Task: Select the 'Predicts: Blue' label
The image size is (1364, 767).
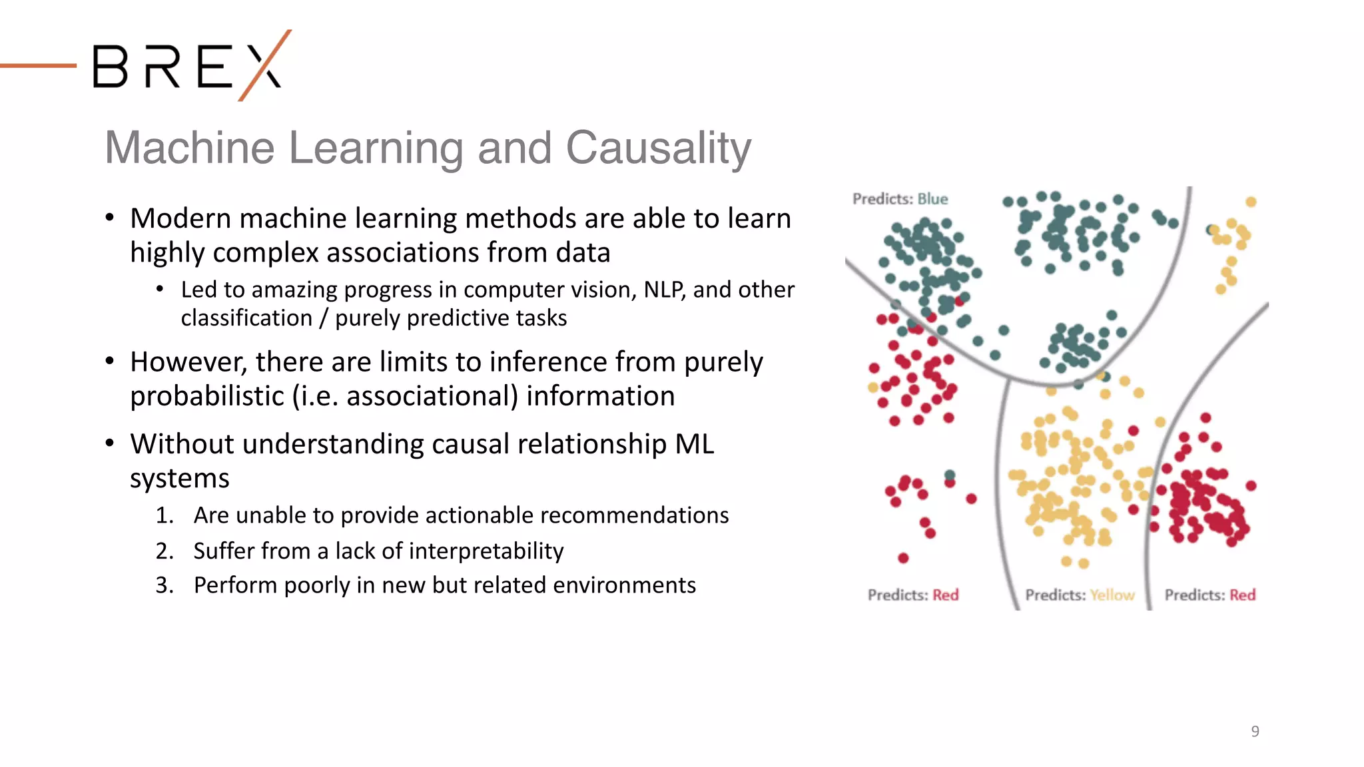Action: click(x=900, y=199)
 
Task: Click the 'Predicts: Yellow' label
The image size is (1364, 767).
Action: click(x=1080, y=595)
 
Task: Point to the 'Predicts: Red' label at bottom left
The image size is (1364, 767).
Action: click(x=912, y=595)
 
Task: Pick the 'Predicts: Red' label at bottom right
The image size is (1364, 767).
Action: click(x=1209, y=595)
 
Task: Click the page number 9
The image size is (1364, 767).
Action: click(x=1255, y=731)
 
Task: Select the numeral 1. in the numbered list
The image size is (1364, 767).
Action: click(x=165, y=515)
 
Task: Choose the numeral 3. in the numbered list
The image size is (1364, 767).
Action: click(x=165, y=585)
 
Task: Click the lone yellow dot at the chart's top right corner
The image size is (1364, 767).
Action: click(x=1251, y=202)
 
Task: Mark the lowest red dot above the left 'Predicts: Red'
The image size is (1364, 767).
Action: click(x=903, y=558)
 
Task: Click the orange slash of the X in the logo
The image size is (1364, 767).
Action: click(x=265, y=65)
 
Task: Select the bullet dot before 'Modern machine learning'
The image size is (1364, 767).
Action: click(x=110, y=218)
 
